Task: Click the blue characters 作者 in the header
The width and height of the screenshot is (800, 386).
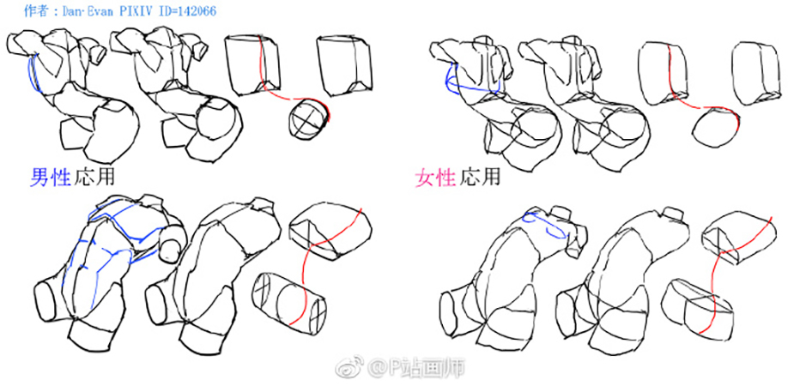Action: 35,11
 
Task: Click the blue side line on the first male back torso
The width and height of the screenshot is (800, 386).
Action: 33,75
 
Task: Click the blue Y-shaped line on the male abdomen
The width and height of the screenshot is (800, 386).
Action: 110,254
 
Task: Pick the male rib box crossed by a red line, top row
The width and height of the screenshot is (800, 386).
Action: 252,64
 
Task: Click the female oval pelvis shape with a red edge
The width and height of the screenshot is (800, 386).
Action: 715,130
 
